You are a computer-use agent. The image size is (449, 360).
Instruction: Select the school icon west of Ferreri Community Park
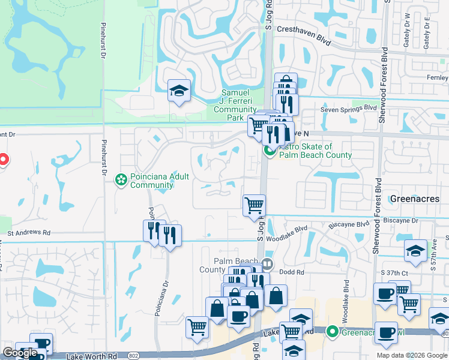coord(179,91)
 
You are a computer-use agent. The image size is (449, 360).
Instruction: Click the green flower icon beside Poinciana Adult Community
coord(121,179)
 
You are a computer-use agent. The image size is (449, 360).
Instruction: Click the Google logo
coord(20,353)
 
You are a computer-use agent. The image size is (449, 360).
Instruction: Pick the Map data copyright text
coord(412,355)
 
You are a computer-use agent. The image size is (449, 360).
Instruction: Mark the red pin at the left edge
coord(2,160)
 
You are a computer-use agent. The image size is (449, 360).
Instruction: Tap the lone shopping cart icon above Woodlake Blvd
coord(254,205)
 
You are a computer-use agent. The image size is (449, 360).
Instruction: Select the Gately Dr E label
coord(427,31)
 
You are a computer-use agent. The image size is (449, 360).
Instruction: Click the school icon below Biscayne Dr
coord(415,250)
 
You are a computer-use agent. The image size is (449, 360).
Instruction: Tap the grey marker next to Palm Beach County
coord(268,263)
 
